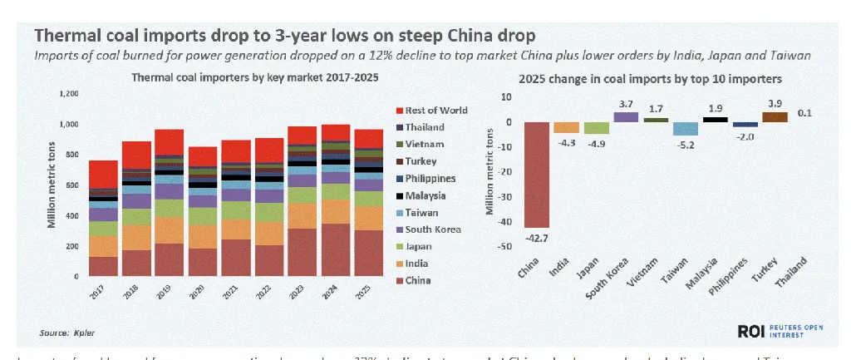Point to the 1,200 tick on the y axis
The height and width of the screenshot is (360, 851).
tap(71, 93)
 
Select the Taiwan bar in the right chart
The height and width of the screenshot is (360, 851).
tap(685, 129)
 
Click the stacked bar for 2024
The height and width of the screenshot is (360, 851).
tap(336, 200)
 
